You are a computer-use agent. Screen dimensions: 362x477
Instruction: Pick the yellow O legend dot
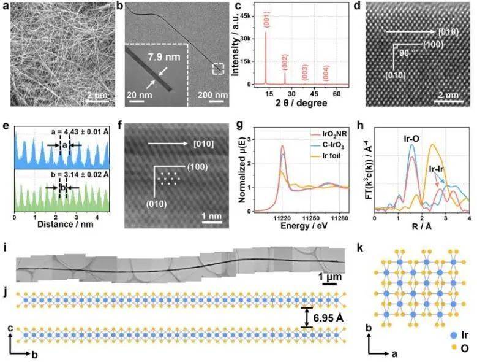click(441, 348)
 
